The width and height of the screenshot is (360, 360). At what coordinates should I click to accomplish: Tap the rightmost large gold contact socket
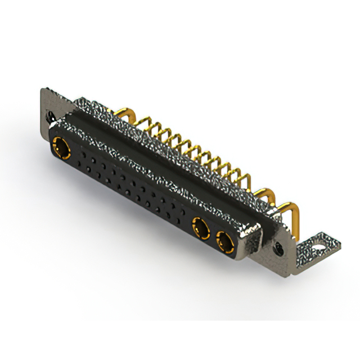coord(223,242)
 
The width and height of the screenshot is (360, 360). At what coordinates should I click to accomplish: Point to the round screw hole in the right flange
coord(277,246)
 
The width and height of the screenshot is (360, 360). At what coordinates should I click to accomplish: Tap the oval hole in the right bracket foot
coord(319,246)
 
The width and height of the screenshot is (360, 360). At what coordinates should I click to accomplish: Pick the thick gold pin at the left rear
coord(128,115)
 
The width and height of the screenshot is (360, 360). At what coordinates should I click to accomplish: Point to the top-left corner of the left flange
coord(43,90)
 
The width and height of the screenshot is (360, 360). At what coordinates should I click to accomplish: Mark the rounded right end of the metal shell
coord(256,236)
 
